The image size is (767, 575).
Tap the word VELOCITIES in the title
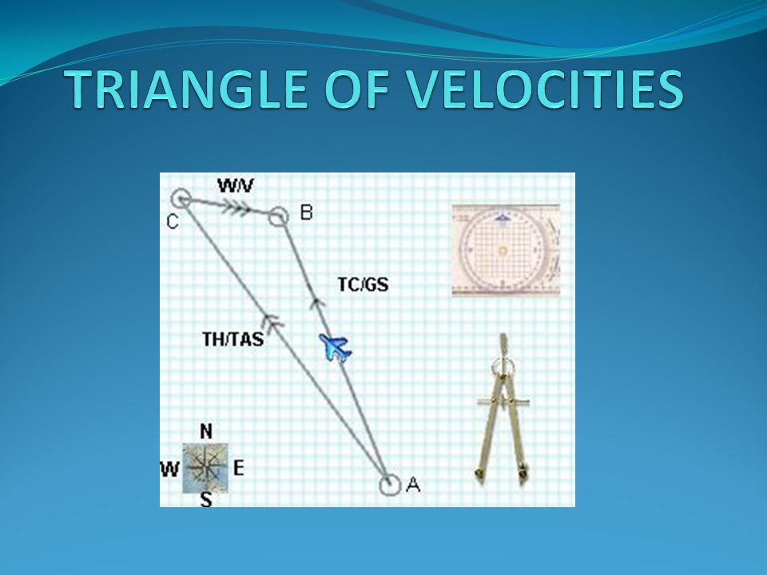point(545,89)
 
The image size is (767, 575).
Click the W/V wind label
point(236,186)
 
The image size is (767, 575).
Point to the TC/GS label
point(363,284)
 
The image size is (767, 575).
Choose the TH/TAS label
point(232,339)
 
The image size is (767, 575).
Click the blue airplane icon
point(335,347)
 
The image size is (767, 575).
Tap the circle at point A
point(390,485)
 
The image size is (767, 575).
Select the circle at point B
point(278,216)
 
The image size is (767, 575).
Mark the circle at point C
point(181,199)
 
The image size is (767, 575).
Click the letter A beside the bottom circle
point(413,485)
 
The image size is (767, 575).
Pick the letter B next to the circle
point(306,212)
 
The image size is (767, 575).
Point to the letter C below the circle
point(173,222)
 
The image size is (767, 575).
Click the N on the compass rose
point(206,432)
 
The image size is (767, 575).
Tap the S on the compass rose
point(206,500)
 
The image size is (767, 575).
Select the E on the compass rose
point(238,469)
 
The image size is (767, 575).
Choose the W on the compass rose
point(169,470)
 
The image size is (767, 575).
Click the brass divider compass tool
point(503,410)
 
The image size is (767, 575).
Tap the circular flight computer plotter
point(506,250)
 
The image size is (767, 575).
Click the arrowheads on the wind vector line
point(235,208)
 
